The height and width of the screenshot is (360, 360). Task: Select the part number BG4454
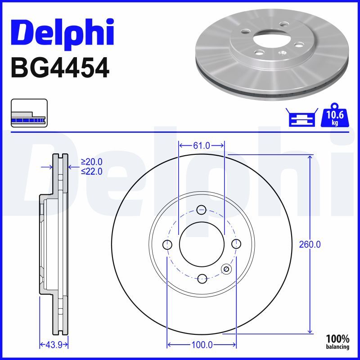click(59, 68)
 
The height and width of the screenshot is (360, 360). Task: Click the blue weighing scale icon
click(301, 118)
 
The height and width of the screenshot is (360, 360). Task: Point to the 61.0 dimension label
click(202, 145)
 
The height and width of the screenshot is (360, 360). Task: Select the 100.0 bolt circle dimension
click(202, 345)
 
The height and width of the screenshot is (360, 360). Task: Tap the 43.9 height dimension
click(53, 345)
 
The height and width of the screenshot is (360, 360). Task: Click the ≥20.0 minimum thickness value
click(91, 162)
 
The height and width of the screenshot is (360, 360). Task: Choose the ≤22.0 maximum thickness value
click(91, 171)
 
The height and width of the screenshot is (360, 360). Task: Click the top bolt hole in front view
click(202, 209)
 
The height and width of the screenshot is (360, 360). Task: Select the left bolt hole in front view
click(167, 244)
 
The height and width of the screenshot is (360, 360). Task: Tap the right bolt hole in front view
click(236, 244)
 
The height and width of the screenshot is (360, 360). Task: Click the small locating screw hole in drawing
click(226, 269)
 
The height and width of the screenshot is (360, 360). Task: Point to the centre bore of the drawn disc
click(202, 244)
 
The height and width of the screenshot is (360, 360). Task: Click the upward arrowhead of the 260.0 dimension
click(310, 157)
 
